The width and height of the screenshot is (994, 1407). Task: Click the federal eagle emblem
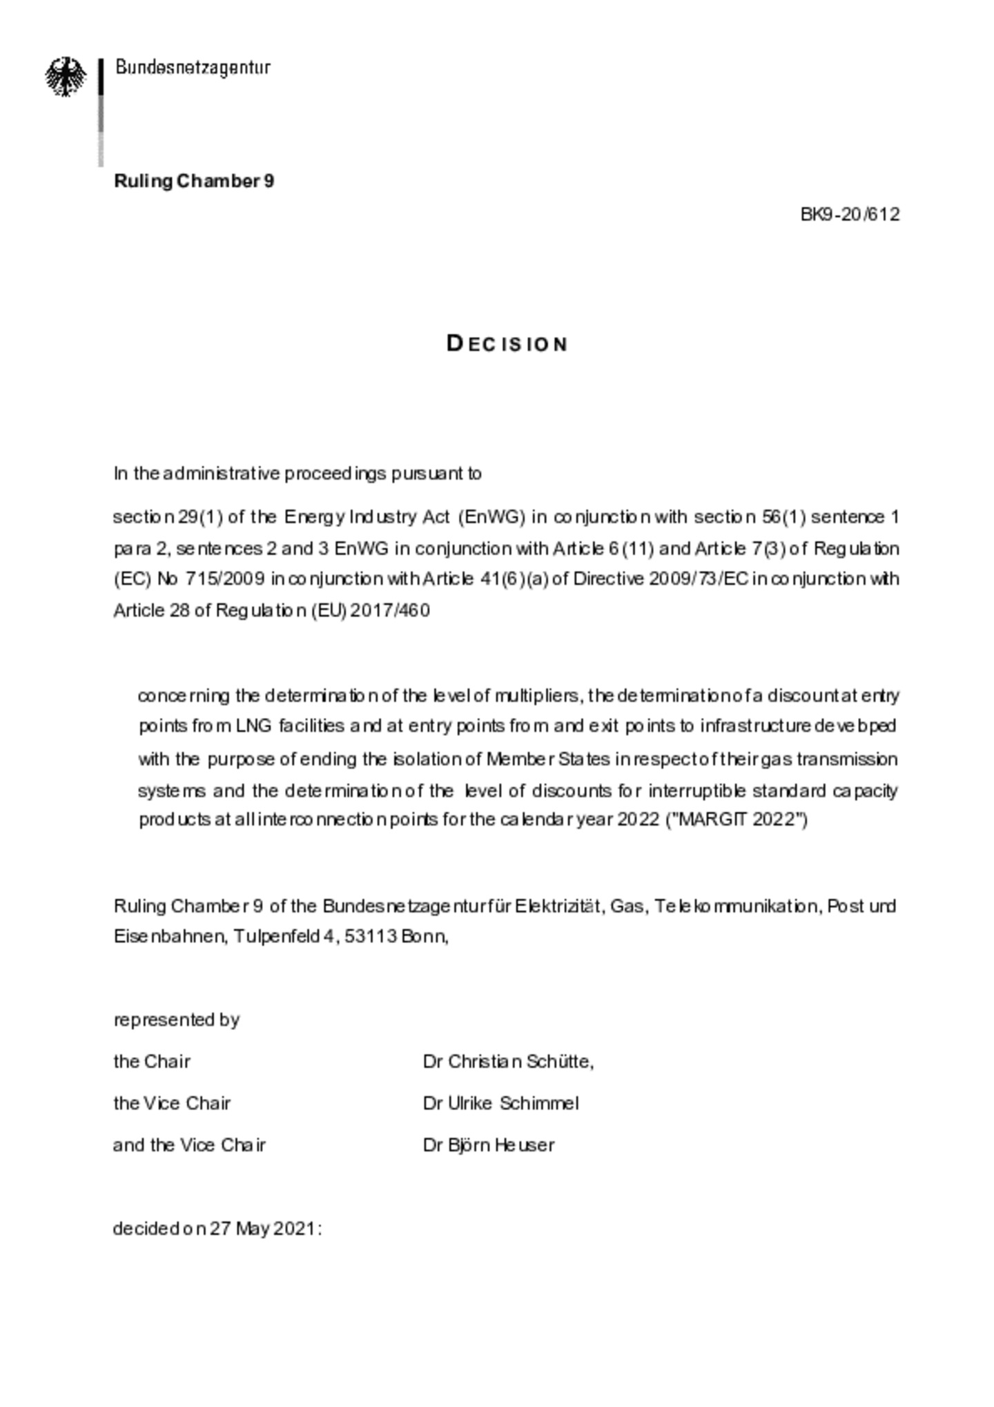(x=66, y=76)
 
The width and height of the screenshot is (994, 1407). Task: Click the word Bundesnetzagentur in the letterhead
(x=193, y=68)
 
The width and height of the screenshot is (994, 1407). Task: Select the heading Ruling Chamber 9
(x=194, y=181)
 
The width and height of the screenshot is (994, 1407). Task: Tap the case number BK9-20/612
(x=850, y=214)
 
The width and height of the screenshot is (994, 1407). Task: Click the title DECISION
(x=507, y=344)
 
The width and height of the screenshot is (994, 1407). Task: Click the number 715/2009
(x=224, y=579)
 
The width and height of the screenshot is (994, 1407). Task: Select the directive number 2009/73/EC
(x=698, y=579)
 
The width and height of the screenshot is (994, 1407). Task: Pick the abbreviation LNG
(x=254, y=726)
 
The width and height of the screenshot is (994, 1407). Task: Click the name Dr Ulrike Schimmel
(x=500, y=1103)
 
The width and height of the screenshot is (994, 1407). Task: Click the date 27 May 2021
(x=262, y=1229)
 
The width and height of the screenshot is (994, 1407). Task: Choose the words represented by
(x=177, y=1020)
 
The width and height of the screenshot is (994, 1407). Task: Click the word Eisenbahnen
(x=168, y=936)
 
